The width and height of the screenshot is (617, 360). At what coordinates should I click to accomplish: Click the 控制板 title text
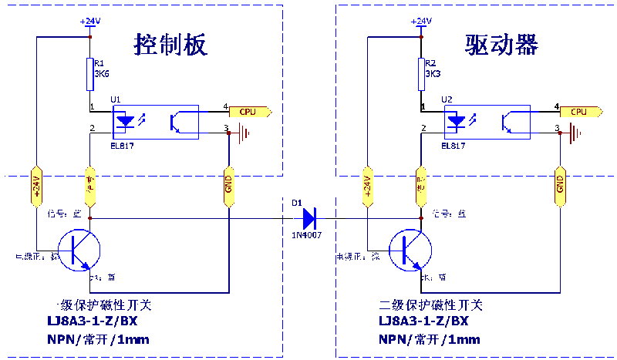pyautogui.click(x=171, y=44)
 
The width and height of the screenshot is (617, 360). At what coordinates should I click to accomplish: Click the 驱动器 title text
pyautogui.click(x=501, y=44)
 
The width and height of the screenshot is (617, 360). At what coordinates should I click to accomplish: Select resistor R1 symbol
pyautogui.click(x=91, y=74)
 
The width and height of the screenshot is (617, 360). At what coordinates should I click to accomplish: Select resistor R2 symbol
pyautogui.click(x=421, y=74)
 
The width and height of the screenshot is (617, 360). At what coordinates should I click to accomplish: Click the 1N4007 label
pyautogui.click(x=306, y=234)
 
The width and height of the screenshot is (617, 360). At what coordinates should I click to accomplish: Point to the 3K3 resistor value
pyautogui.click(x=433, y=75)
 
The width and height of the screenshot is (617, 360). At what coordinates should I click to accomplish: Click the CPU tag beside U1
pyautogui.click(x=248, y=112)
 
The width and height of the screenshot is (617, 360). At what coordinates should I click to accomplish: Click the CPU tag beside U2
pyautogui.click(x=578, y=112)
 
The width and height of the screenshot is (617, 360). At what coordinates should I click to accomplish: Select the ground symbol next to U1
pyautogui.click(x=245, y=134)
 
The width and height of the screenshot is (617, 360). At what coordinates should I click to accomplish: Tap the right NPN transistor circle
pyautogui.click(x=410, y=248)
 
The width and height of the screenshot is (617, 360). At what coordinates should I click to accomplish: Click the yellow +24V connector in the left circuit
pyautogui.click(x=35, y=187)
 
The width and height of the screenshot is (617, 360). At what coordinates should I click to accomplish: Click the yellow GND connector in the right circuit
pyautogui.click(x=559, y=186)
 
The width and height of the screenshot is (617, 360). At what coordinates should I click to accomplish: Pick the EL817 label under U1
pyautogui.click(x=122, y=144)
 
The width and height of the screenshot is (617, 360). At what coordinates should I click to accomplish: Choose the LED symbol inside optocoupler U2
pyautogui.click(x=457, y=122)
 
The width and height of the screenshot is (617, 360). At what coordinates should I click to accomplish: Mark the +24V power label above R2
pyautogui.click(x=421, y=21)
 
